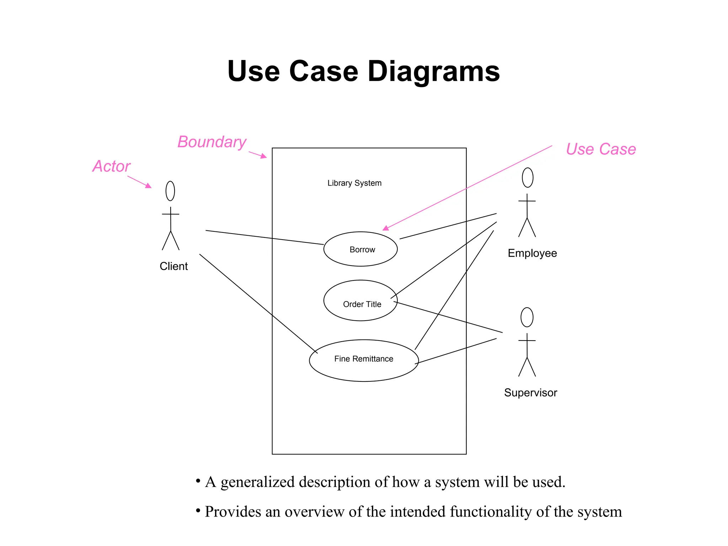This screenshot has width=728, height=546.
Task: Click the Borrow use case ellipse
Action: point(360,249)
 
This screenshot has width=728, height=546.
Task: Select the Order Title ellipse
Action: point(360,301)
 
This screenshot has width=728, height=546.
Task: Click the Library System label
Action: point(354,183)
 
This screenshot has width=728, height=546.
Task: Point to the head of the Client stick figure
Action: point(170,191)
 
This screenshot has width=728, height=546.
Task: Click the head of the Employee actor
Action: point(528,178)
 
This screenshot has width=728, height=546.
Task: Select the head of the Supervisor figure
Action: point(527,317)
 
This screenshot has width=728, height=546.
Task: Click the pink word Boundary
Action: point(212,142)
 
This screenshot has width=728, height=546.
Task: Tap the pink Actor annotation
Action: point(112,166)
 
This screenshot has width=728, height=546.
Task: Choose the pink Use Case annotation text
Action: point(601,149)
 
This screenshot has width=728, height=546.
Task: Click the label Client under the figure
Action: point(173,266)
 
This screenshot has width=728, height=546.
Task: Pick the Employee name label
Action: point(532,253)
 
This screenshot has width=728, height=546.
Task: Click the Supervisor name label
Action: point(530,393)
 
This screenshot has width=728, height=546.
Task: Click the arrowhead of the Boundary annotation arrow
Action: point(264,156)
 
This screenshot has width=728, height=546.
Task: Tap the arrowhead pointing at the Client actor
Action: point(149,186)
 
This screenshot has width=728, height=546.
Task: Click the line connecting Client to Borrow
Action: point(265,237)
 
